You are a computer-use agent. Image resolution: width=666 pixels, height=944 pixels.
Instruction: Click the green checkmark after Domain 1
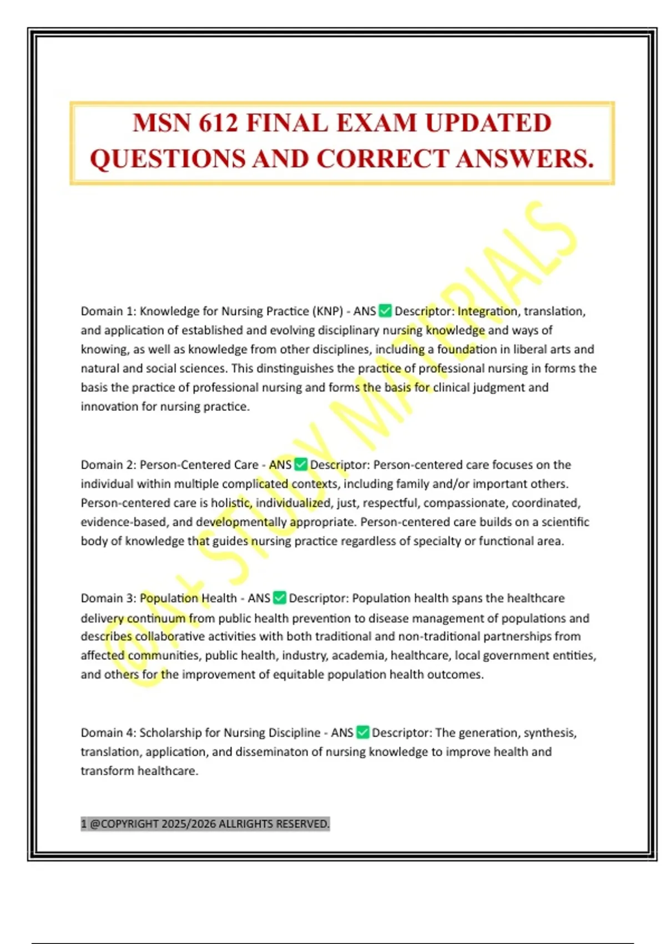tap(385, 311)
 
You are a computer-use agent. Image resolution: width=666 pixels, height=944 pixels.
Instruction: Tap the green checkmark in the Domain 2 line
tap(301, 464)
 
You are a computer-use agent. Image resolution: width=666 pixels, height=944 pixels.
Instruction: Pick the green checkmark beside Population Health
tap(280, 598)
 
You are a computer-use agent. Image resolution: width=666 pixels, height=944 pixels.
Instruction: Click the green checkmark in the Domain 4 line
tap(362, 732)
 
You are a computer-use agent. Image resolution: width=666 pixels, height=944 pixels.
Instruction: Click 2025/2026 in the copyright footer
tap(189, 824)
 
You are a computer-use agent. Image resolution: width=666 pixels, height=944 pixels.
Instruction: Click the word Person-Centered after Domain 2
tap(199, 464)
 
